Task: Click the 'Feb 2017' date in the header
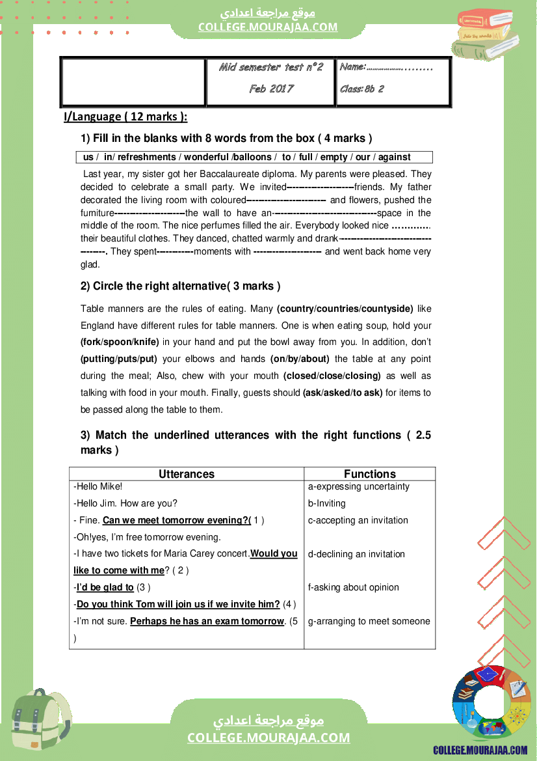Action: tap(271, 89)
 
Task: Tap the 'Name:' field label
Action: tap(353, 67)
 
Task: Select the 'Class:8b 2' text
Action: tap(362, 89)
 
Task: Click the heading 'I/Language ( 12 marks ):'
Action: tap(125, 117)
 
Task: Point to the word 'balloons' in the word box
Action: tap(254, 157)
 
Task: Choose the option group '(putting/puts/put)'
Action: tap(119, 359)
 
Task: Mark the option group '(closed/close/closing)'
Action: tap(332, 376)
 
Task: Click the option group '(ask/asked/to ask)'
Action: tap(343, 393)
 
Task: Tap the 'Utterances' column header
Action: tap(187, 474)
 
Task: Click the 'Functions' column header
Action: tap(369, 474)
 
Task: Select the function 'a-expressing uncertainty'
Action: tap(359, 486)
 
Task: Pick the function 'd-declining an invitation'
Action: tap(356, 554)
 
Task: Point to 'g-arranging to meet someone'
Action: tap(369, 621)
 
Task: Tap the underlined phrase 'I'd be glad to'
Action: tap(105, 587)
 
